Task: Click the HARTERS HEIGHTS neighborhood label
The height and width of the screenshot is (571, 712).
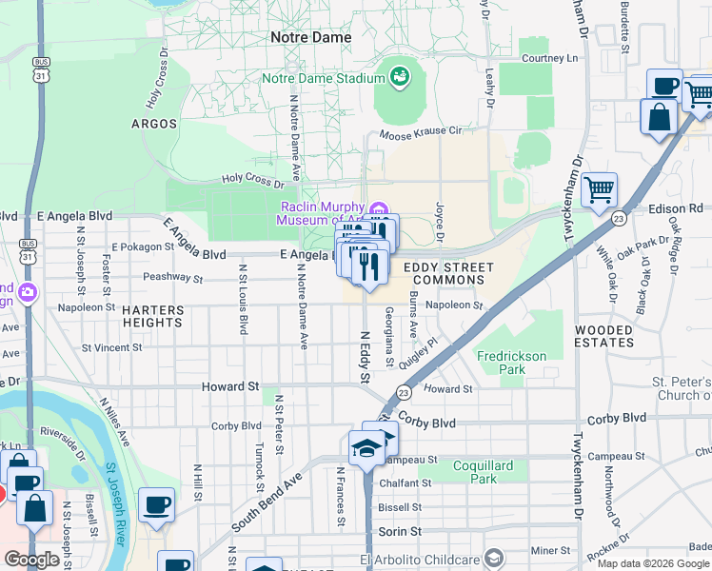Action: pos(151,316)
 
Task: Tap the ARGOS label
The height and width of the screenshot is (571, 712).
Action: pos(154,124)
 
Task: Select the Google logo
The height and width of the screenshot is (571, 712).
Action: pos(31,560)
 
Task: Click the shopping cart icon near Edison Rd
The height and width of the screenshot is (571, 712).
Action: pos(600,191)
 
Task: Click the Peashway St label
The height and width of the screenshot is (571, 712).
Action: pos(172,280)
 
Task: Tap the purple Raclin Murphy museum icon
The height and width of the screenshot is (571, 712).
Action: pos(379,209)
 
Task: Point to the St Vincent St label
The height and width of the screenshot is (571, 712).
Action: pos(111,348)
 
